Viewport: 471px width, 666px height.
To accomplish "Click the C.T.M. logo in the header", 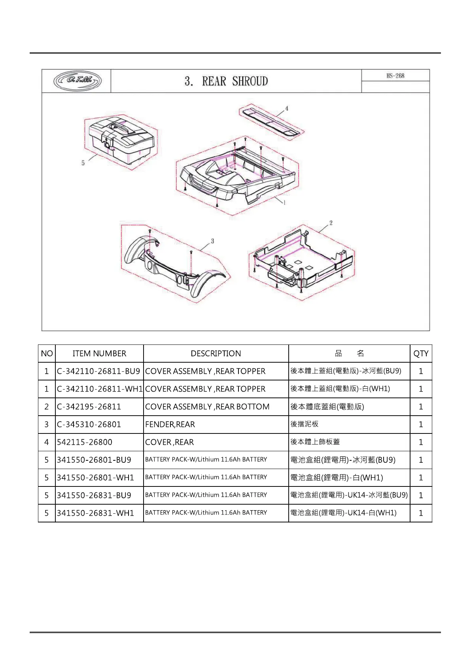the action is pos(78,81).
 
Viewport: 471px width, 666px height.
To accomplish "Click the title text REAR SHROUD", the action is pos(235,81).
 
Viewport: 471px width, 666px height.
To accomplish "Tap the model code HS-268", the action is pos(395,76).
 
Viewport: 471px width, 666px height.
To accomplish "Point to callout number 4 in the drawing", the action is pos(287,108).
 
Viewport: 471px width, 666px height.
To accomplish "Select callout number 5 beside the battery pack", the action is pos(83,163).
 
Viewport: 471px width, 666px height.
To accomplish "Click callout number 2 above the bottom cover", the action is pos(331,223).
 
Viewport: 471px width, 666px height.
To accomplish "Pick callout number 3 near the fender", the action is pos(212,241).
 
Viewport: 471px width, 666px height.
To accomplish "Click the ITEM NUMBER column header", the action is pos(99,354).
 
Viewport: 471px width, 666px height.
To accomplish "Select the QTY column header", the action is pos(421,354).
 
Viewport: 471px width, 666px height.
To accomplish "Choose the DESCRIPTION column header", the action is pos(216,354).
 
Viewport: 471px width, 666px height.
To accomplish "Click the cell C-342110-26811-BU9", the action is pos(98,371).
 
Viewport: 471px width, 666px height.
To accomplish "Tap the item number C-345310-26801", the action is pos(89,424).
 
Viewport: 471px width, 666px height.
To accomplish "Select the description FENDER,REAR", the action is pos(170,424).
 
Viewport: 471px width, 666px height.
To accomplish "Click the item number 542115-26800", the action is pos(85,442).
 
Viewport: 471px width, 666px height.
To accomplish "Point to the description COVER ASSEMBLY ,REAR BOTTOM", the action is pos(207,407).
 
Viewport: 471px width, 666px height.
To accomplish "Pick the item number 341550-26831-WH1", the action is pos(95,513).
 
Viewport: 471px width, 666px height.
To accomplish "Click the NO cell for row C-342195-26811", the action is pos(47,407).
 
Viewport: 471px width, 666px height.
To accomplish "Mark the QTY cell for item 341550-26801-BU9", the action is pos(421,460).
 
